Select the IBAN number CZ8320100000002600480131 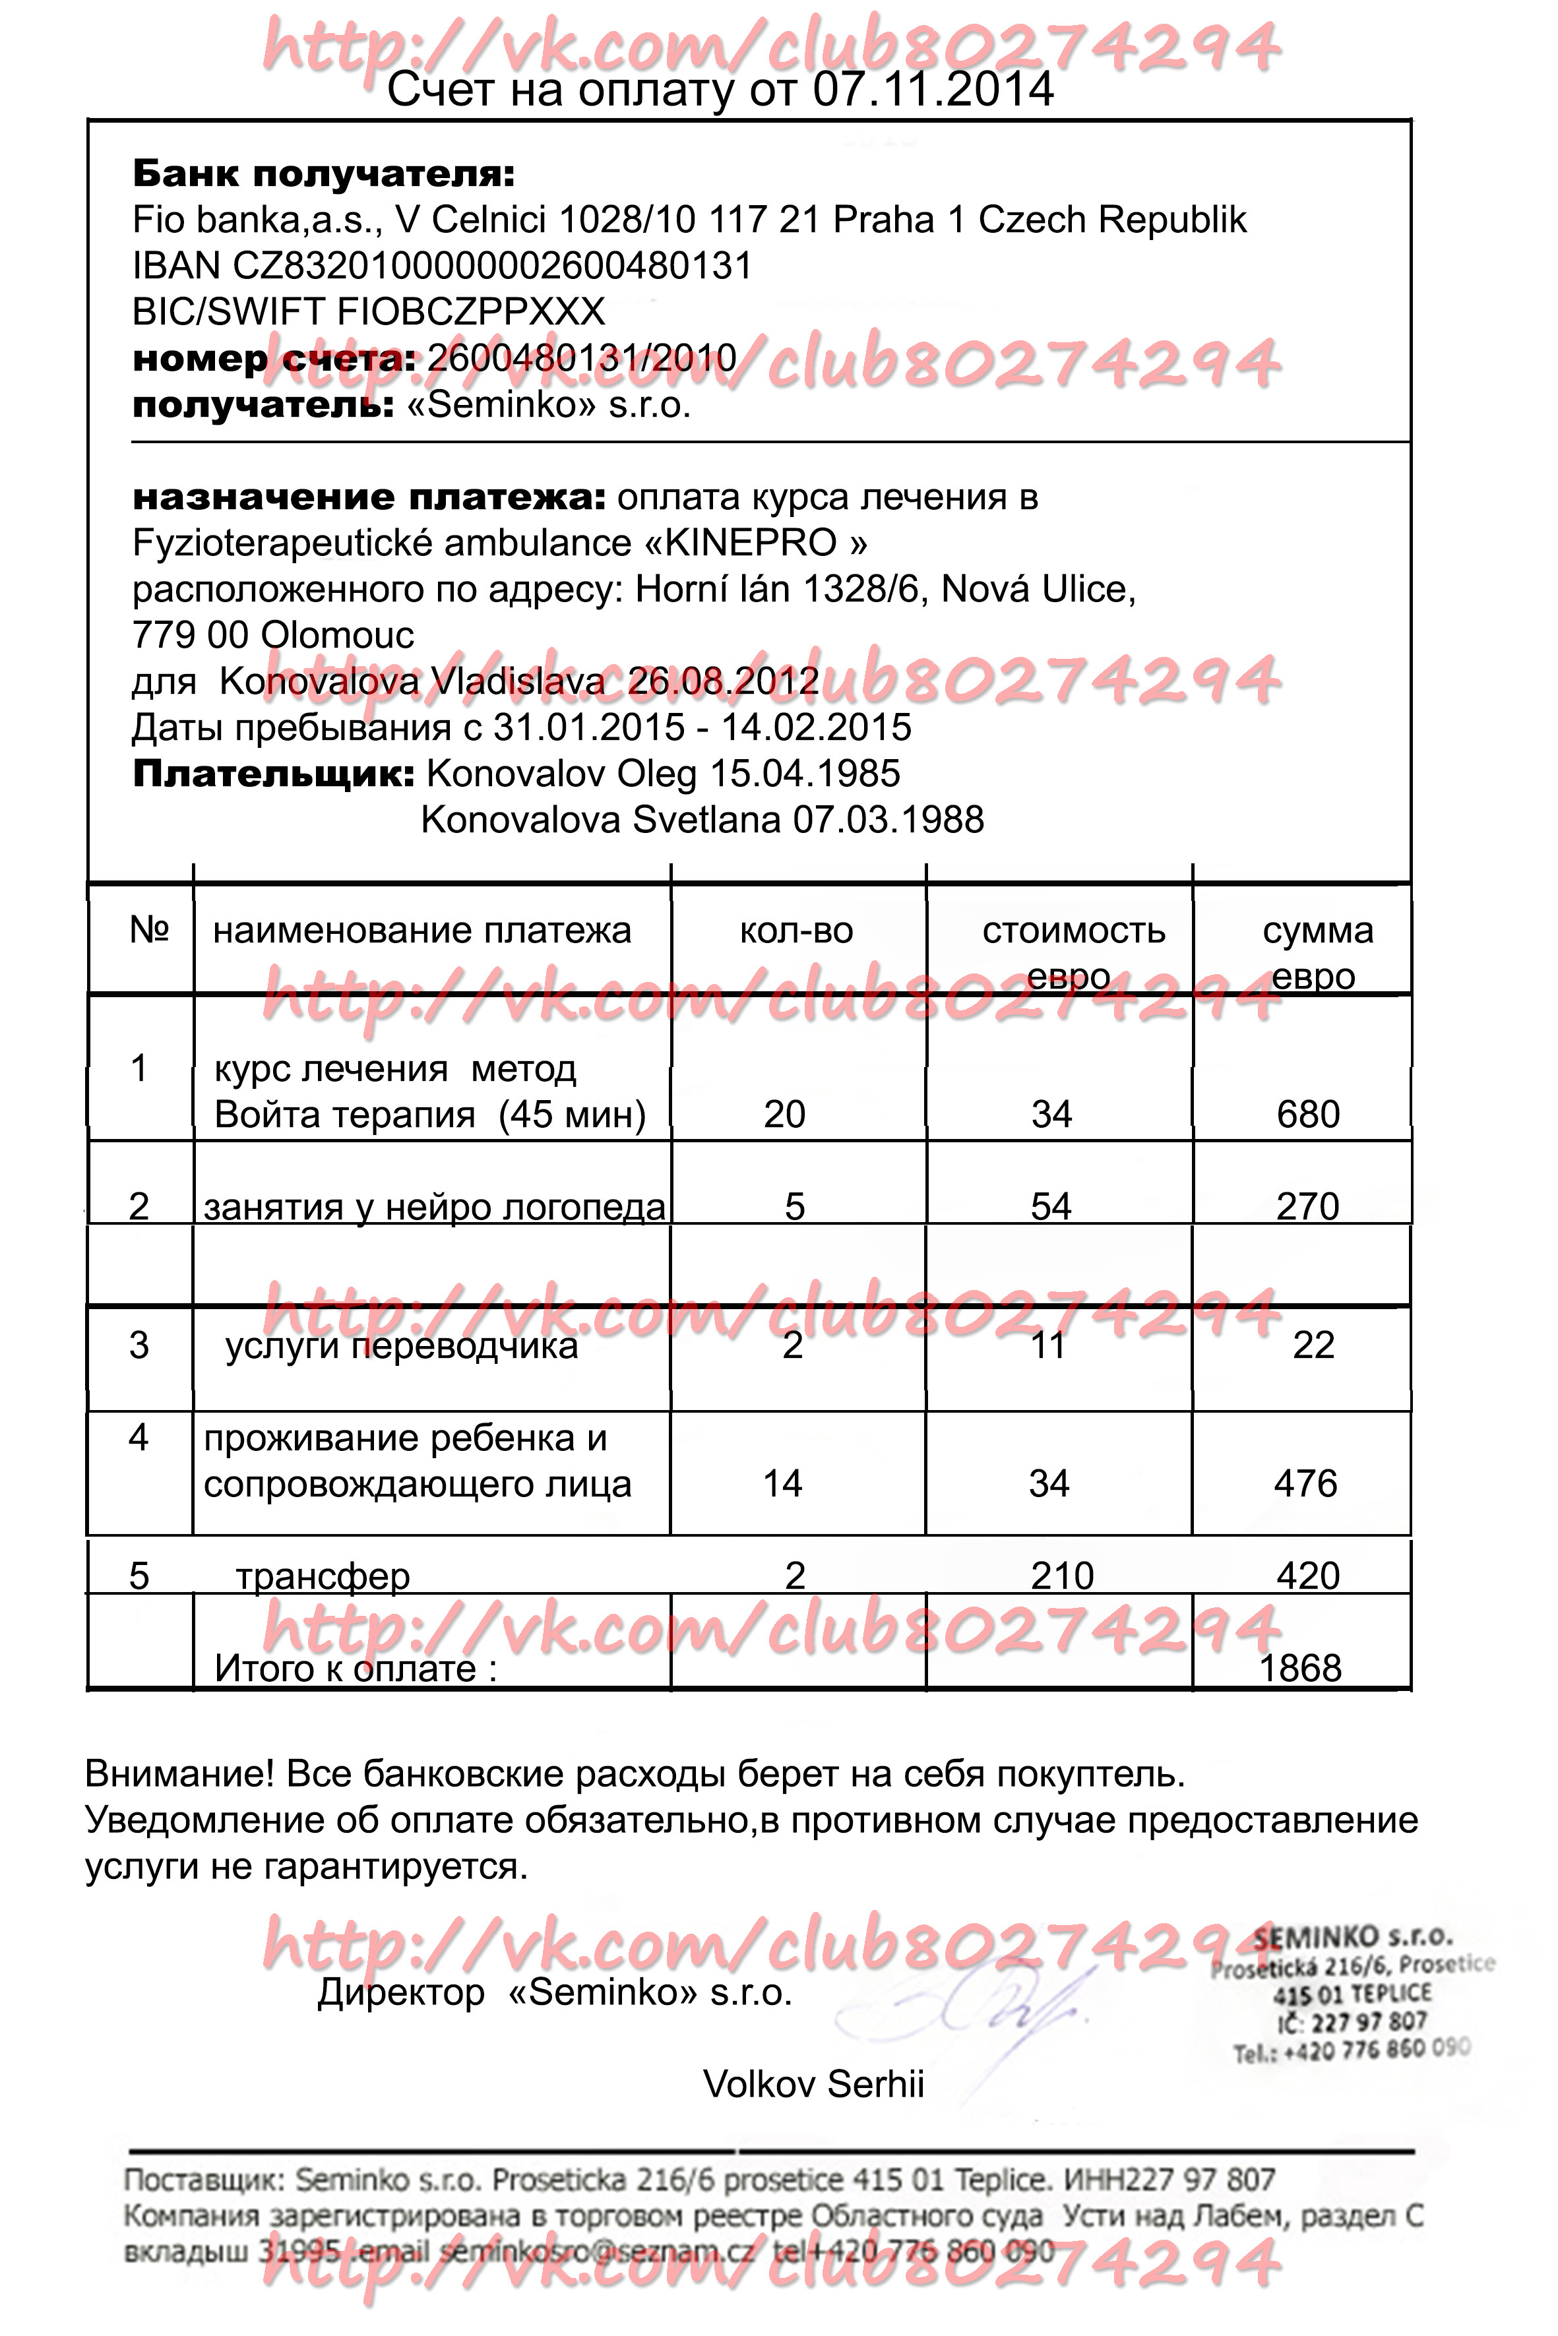point(492,266)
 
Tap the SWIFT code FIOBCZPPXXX point(471,312)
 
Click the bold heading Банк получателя point(324,174)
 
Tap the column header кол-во point(796,931)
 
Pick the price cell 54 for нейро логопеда point(1051,1207)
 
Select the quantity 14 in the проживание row point(783,1484)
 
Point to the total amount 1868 point(1301,1669)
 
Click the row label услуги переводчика point(402,1346)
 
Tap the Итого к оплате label point(356,1669)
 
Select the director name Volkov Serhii point(814,2083)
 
